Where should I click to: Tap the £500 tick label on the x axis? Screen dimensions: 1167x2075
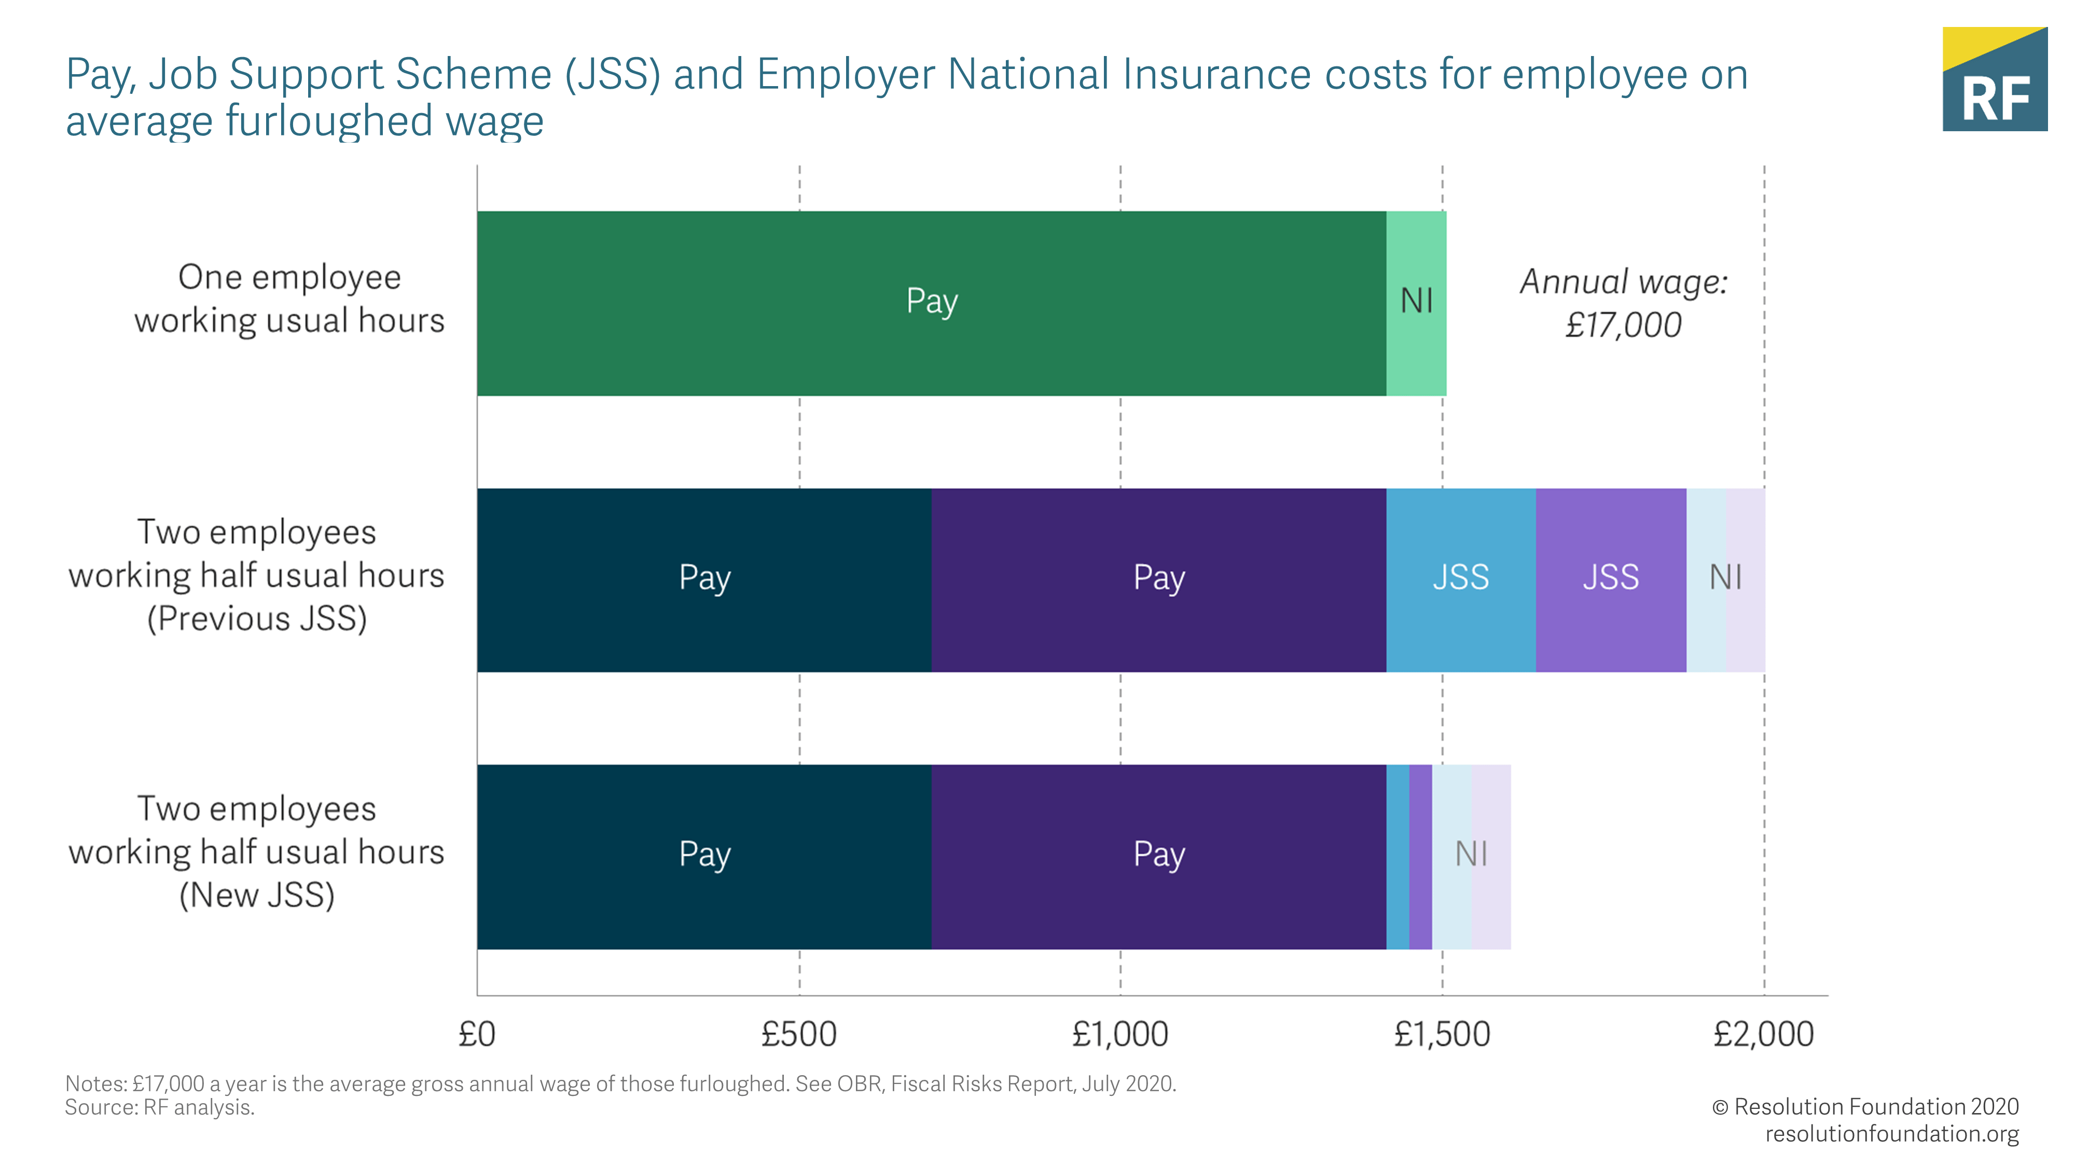point(798,1034)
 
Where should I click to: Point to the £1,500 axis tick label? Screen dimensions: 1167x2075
point(1442,1034)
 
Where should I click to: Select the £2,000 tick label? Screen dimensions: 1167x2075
point(1763,1034)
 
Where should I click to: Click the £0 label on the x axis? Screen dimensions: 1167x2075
point(477,1034)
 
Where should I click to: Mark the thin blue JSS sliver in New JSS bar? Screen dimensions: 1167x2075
point(1398,856)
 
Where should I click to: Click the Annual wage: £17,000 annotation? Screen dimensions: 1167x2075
point(1623,303)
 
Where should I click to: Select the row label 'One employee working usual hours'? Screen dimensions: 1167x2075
point(289,299)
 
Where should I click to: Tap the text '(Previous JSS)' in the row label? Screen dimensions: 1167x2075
point(257,619)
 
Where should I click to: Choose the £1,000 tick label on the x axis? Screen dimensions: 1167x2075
point(1119,1034)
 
